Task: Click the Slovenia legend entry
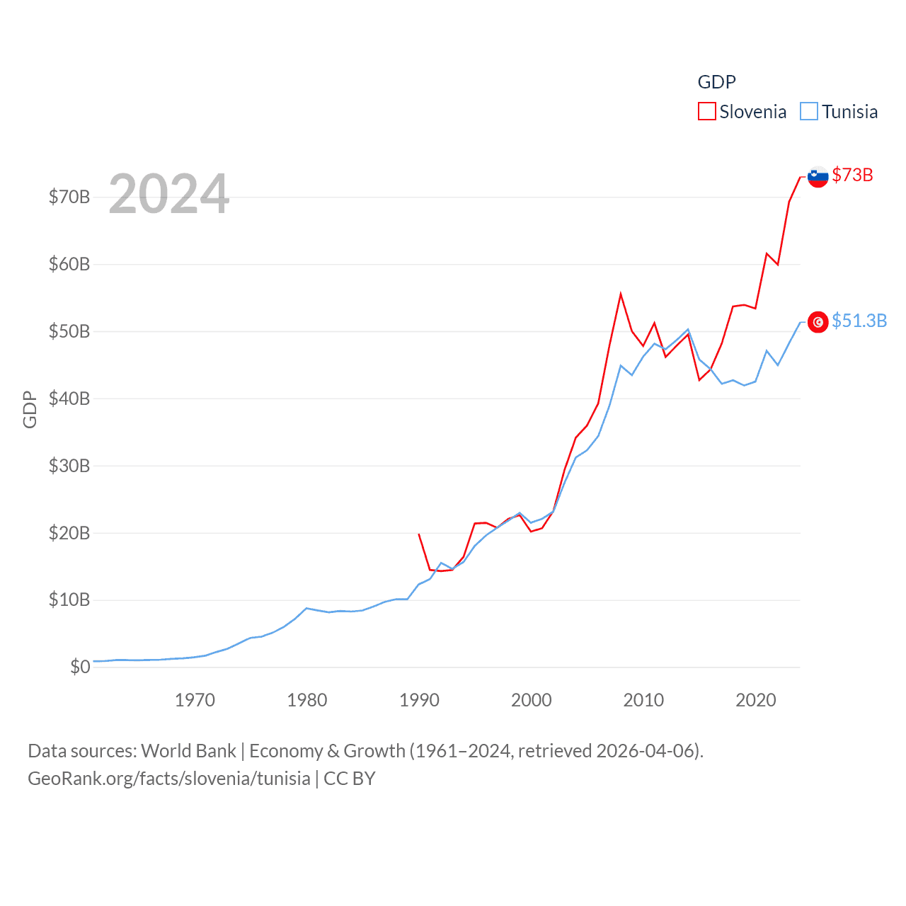click(x=742, y=112)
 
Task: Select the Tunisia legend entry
click(x=839, y=112)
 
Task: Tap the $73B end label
click(x=852, y=175)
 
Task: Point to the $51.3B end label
click(x=859, y=321)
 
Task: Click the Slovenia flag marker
click(x=818, y=176)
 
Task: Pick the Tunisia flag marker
click(x=818, y=322)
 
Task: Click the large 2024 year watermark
click(x=169, y=193)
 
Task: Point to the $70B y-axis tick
click(x=69, y=197)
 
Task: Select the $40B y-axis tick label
click(x=69, y=398)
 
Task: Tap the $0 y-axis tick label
click(x=80, y=667)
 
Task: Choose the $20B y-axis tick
click(x=69, y=533)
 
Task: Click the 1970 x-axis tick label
click(x=195, y=700)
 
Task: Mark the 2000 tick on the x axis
click(x=531, y=700)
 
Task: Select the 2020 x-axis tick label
click(x=755, y=700)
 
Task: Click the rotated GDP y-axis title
click(x=30, y=409)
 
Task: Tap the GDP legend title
click(x=716, y=82)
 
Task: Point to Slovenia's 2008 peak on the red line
click(x=621, y=294)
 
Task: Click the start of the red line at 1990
click(x=419, y=534)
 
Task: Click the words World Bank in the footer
click(x=188, y=750)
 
